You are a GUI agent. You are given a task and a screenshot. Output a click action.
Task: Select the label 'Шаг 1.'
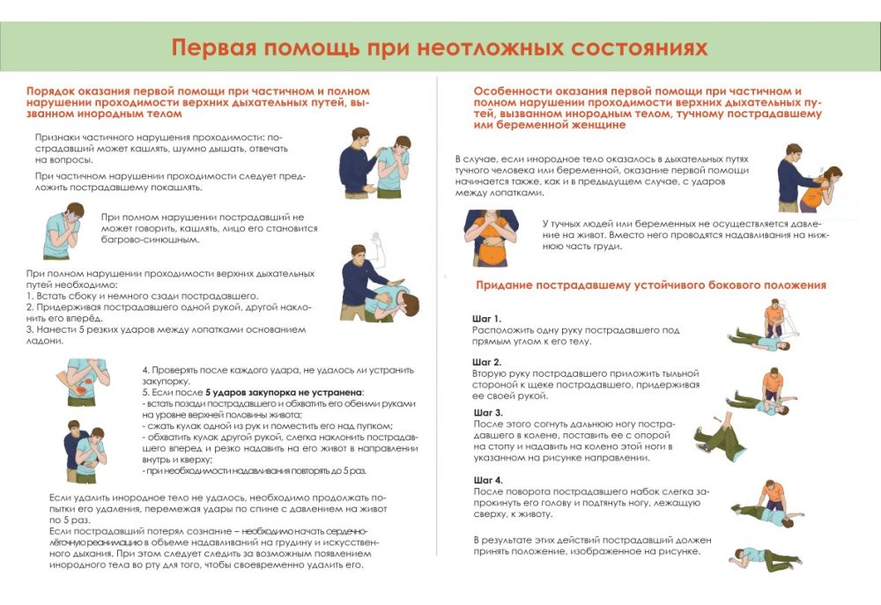point(486,318)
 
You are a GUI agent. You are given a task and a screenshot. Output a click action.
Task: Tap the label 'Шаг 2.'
point(486,362)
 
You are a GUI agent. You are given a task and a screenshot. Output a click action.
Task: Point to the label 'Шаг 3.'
point(488,412)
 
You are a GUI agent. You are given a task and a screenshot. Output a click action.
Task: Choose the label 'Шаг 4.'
point(487,479)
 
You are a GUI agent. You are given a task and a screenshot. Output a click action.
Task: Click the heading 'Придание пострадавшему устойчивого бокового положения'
point(650,285)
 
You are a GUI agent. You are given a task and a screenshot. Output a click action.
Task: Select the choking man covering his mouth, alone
point(63,230)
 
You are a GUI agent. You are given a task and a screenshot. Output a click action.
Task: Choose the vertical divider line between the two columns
point(438,317)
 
